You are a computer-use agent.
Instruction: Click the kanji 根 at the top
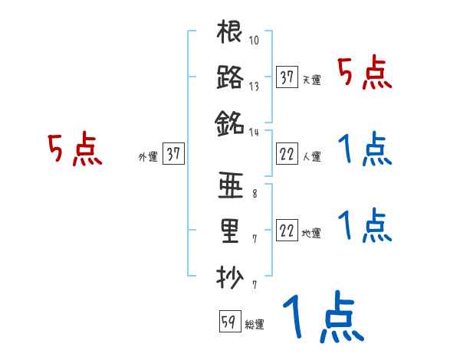coord(230,34)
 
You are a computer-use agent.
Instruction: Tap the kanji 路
coord(230,77)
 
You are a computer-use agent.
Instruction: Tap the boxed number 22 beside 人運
coord(287,154)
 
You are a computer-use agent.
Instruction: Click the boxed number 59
coord(228,322)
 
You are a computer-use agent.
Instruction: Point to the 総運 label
coord(255,324)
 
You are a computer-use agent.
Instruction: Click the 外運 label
coord(147,156)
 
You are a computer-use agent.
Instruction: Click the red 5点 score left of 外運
coord(75,149)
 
